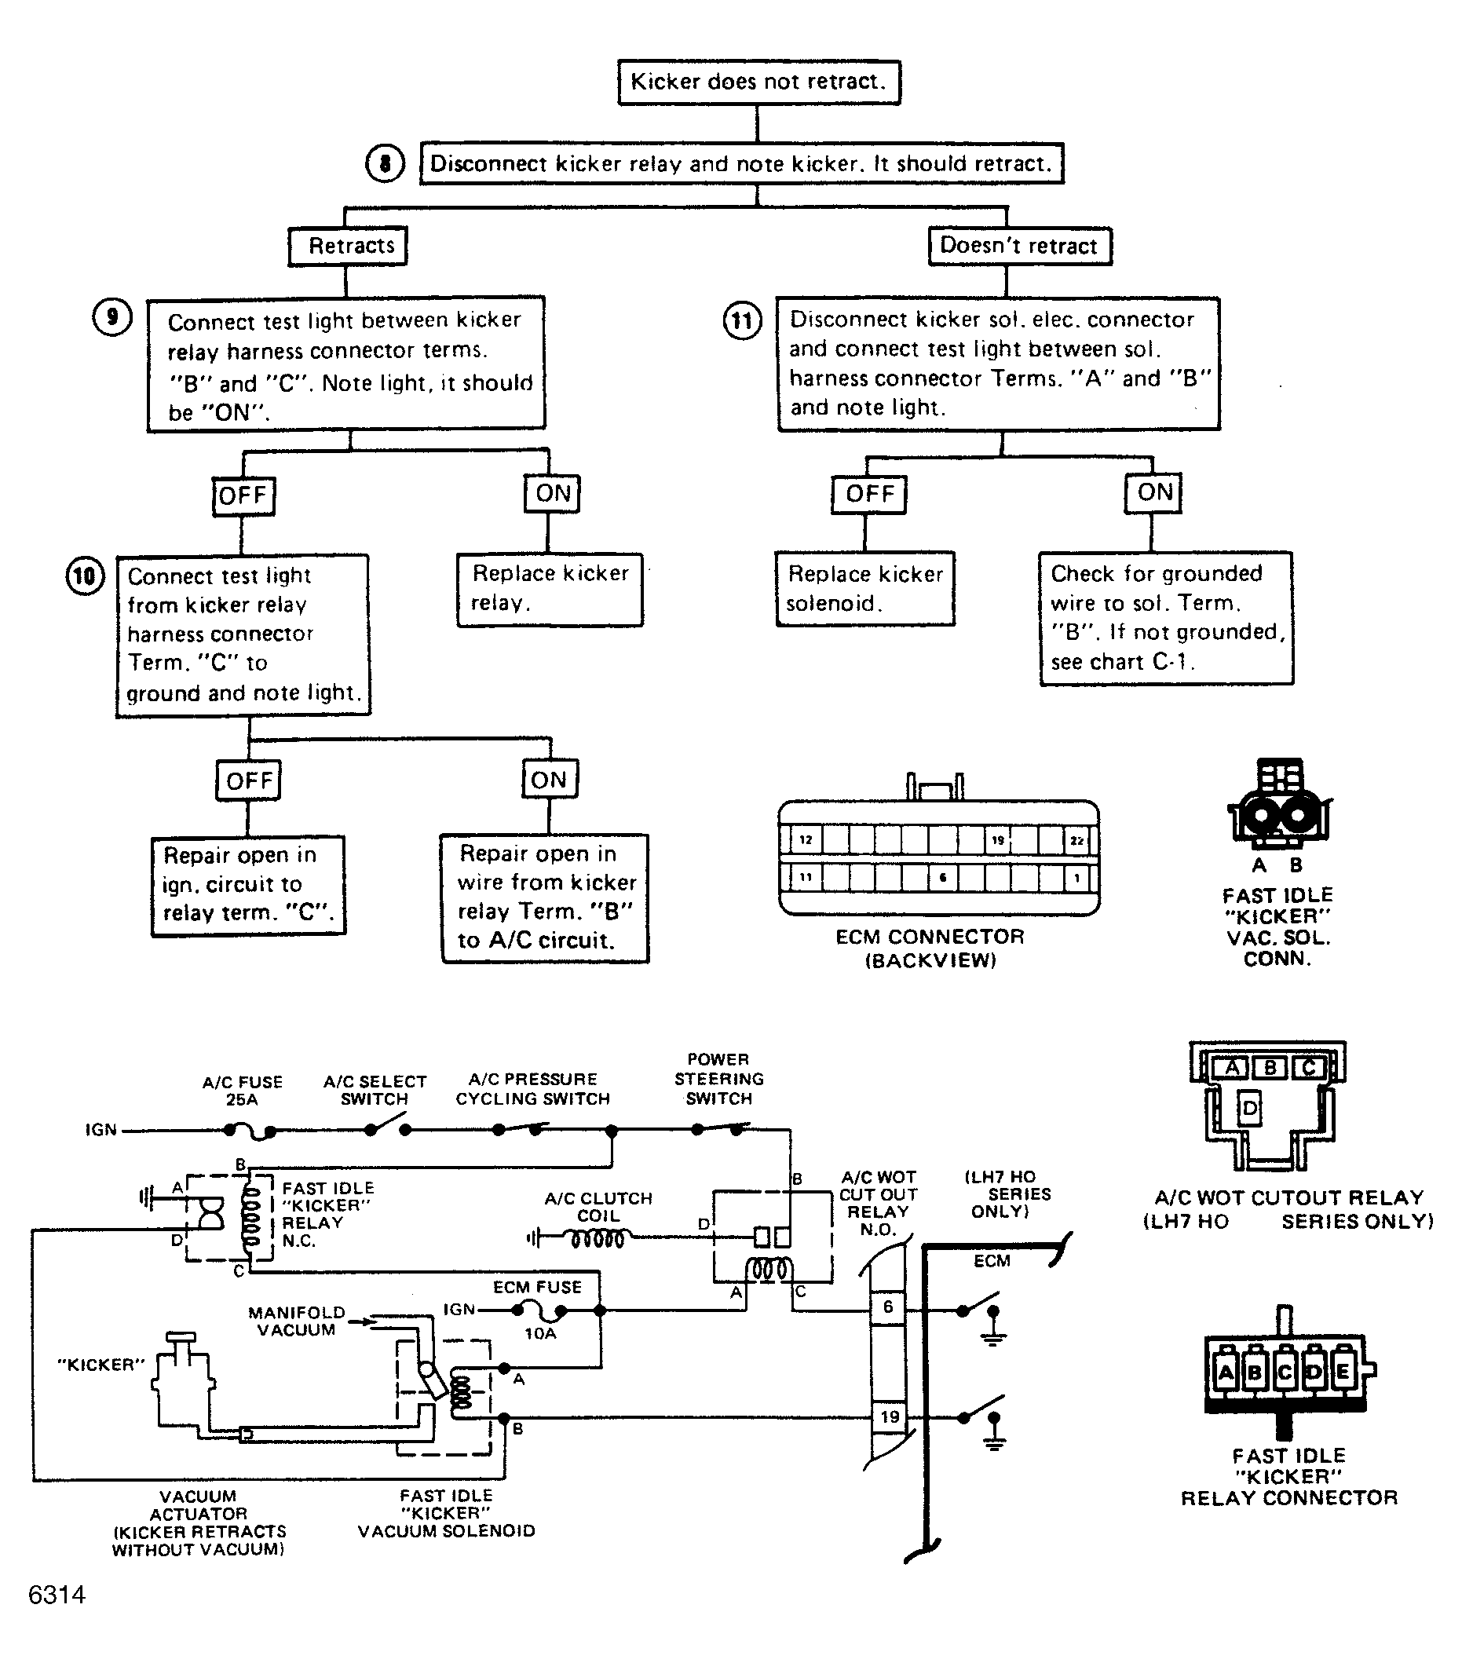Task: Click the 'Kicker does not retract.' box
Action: pos(758,82)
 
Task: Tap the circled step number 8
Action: pos(385,163)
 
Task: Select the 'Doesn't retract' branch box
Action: pos(1020,246)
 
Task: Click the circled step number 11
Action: pos(742,320)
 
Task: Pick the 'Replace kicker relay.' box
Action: pos(550,590)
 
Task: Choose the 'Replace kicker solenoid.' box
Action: pos(864,589)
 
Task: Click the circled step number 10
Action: pos(85,577)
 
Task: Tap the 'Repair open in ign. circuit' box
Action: pos(248,885)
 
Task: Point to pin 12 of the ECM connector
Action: pos(806,839)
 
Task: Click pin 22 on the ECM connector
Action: pos(1076,839)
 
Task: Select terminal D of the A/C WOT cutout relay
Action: pos(1250,1108)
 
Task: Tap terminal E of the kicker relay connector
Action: pos(1343,1372)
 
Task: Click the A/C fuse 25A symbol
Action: pos(249,1130)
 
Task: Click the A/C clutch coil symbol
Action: pos(598,1239)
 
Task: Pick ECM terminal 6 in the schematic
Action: pos(888,1307)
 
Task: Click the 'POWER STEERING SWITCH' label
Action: pos(719,1079)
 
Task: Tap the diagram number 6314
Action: pos(57,1594)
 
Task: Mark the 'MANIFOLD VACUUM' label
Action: pos(297,1321)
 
